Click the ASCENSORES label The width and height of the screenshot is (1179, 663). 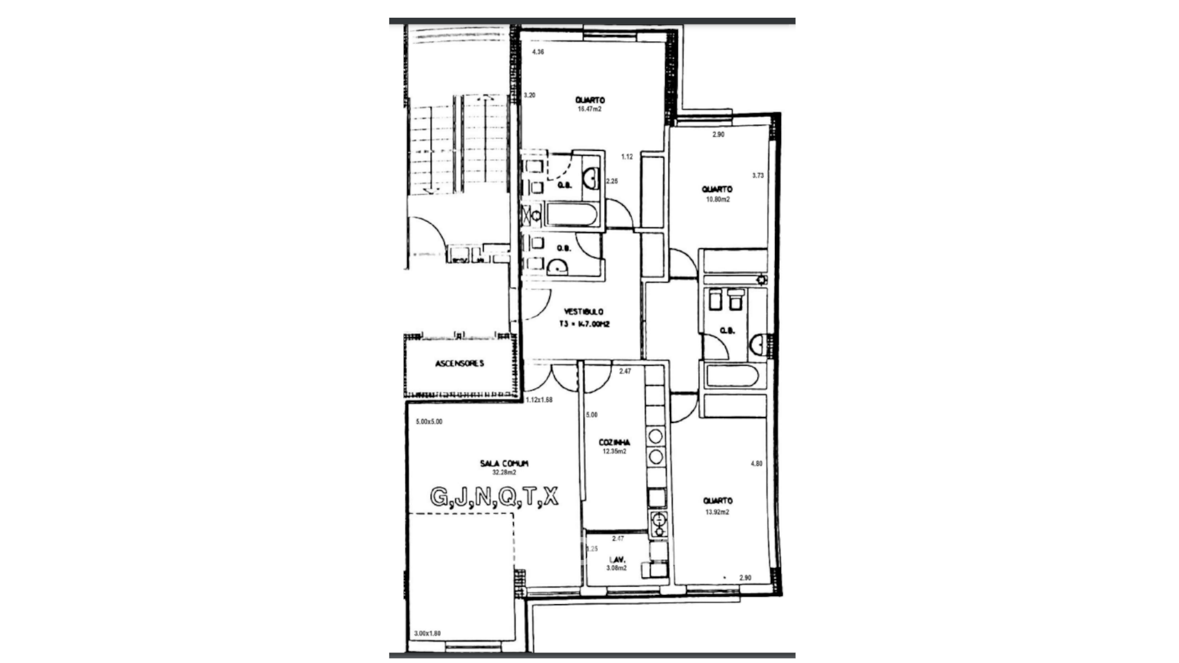coord(459,363)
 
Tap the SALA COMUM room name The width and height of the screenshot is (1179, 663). coord(504,463)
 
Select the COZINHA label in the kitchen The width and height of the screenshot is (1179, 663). coord(614,442)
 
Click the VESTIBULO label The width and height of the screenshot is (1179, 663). coord(583,312)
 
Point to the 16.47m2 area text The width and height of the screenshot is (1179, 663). coord(589,109)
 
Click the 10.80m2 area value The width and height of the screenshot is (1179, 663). coord(717,200)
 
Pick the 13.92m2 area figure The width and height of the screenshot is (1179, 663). coord(717,512)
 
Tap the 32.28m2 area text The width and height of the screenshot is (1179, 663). coord(504,473)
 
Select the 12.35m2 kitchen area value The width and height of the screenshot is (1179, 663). coord(614,451)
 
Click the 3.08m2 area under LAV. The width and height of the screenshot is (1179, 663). coord(617,568)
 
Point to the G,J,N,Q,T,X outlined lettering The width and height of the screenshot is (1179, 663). coord(494,496)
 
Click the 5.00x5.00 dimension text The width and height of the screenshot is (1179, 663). coord(429,422)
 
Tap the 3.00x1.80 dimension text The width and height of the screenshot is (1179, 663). coord(427,634)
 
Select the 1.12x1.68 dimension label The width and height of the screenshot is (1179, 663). coord(539,400)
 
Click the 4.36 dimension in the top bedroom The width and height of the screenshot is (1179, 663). coord(538,52)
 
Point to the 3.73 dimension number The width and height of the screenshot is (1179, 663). coord(758,176)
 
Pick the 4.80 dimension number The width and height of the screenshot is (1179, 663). coord(757,464)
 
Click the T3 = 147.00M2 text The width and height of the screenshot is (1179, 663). coord(583,324)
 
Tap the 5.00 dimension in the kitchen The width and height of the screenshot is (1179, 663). coord(591,415)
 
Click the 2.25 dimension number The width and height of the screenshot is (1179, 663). coord(612,181)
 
